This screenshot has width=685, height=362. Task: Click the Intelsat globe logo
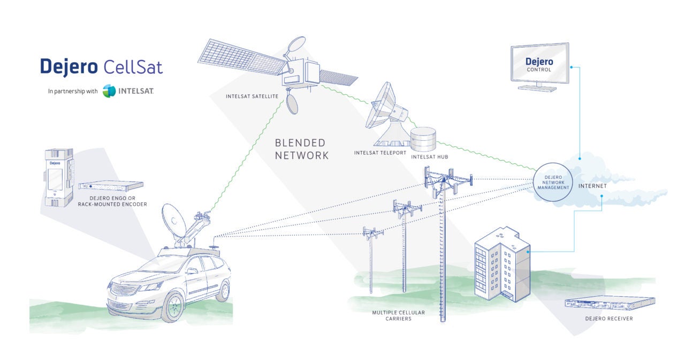[109, 91]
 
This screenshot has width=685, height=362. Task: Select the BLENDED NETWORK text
[300, 149]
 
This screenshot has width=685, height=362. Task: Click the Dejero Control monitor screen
[539, 65]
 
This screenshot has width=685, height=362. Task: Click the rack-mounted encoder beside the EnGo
[111, 185]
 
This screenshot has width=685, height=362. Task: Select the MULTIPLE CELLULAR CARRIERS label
[391, 315]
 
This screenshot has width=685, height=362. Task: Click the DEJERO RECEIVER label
[609, 319]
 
